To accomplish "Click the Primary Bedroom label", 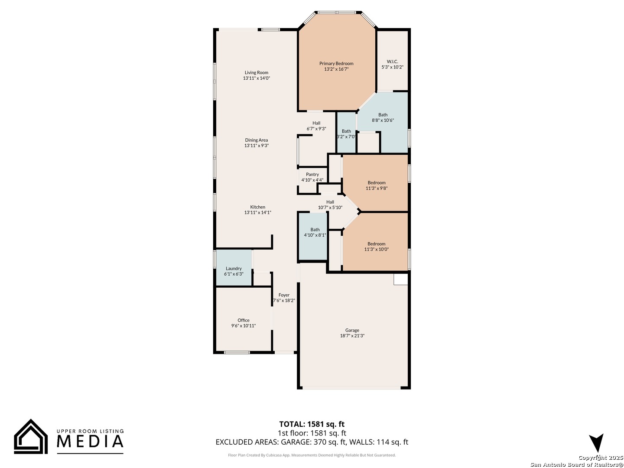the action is click(336, 63).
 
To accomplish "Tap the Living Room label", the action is click(257, 72).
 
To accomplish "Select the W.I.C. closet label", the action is click(392, 62).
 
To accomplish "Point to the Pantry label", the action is click(312, 174).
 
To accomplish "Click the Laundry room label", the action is click(234, 268).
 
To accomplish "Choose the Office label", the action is click(244, 320).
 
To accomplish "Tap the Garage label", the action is click(352, 330).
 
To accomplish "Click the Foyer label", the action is click(284, 295).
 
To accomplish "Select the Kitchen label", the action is click(258, 207).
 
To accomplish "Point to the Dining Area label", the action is click(257, 140).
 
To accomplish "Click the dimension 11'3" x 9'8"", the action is click(377, 188).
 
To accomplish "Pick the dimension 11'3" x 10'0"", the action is click(377, 249).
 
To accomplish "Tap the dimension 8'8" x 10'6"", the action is click(383, 120).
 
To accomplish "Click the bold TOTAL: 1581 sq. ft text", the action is click(312, 424).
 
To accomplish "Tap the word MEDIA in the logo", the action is click(91, 441).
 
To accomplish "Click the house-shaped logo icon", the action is click(31, 436).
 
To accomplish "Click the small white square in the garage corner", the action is click(401, 279).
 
